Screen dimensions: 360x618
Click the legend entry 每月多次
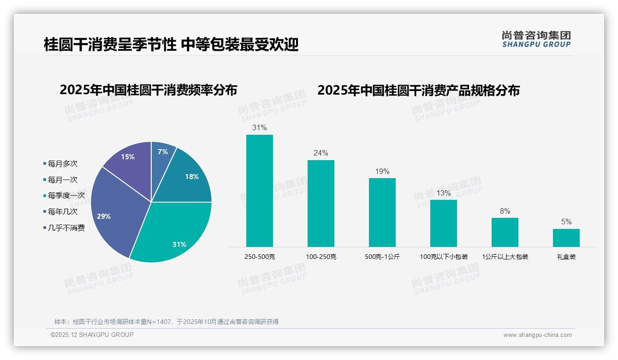(62, 164)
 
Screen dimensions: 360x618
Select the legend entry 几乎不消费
(66, 228)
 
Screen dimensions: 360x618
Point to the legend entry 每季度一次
(66, 196)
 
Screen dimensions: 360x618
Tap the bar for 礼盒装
(566, 238)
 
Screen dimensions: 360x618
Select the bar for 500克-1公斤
(382, 212)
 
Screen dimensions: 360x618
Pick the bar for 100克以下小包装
(444, 223)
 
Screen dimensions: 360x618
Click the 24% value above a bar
(321, 153)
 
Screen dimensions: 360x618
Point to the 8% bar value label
(505, 211)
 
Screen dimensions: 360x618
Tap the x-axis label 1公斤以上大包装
(505, 257)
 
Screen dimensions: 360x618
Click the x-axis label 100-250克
(321, 257)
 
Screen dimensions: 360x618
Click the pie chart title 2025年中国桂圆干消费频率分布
(148, 90)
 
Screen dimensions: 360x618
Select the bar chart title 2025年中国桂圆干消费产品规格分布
(418, 90)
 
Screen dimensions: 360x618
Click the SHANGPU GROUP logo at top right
(536, 39)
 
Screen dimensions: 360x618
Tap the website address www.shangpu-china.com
(537, 335)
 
